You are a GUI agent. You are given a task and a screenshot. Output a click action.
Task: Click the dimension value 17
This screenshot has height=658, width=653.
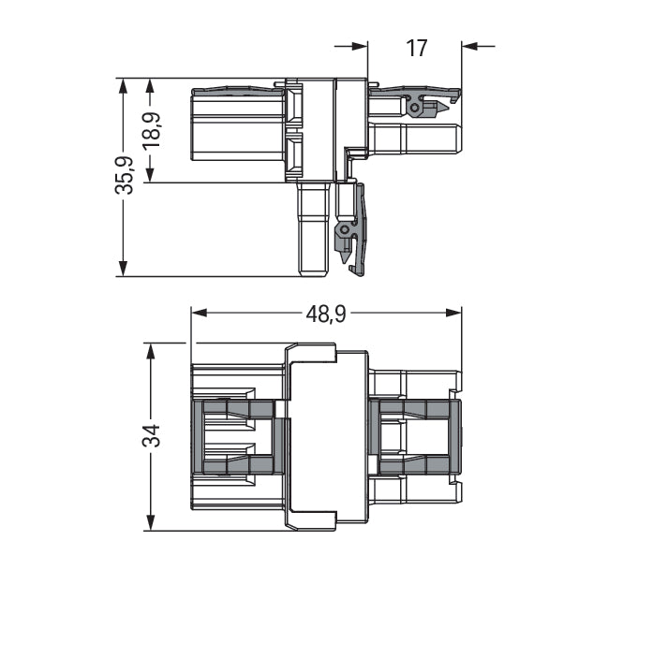pos(417,47)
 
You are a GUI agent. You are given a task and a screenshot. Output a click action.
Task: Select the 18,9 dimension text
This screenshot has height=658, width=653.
pos(150,130)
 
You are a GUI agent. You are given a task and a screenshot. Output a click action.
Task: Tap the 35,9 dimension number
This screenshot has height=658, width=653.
pos(123,176)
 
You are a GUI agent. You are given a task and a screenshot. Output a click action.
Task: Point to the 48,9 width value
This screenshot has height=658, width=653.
pos(325,314)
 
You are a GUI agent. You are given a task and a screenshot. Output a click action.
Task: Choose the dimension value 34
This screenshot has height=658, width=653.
pos(151,435)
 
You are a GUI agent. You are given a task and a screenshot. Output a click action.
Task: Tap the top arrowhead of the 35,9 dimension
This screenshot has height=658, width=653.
pos(123,84)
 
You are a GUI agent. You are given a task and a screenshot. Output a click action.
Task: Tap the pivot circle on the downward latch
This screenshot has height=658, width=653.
pos(345,229)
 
